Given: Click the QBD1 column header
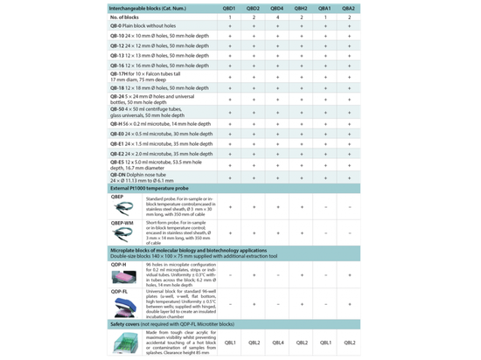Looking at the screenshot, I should (x=229, y=6).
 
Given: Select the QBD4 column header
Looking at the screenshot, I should (x=278, y=6).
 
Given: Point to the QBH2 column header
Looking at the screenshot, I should (x=302, y=6).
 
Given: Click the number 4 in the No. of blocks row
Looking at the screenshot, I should (x=278, y=17).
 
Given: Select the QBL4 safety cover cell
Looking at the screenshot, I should (x=278, y=343).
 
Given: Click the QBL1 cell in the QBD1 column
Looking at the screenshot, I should (x=229, y=343).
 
